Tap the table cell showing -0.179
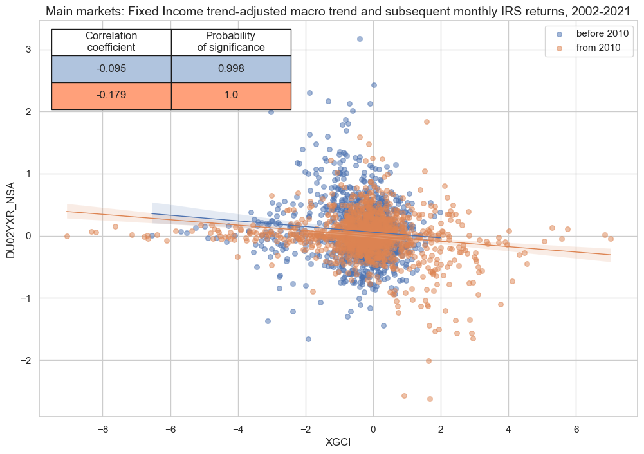tap(111, 96)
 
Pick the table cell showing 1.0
tap(231, 96)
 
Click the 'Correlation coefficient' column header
tap(111, 42)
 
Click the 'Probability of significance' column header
tap(231, 42)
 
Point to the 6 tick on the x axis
tap(576, 428)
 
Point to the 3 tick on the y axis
tap(28, 50)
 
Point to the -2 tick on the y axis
tap(26, 360)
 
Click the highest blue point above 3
tap(360, 39)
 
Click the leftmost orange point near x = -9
tap(67, 236)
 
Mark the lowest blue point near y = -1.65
tap(308, 339)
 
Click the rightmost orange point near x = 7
tap(611, 239)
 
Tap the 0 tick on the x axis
tap(373, 428)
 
